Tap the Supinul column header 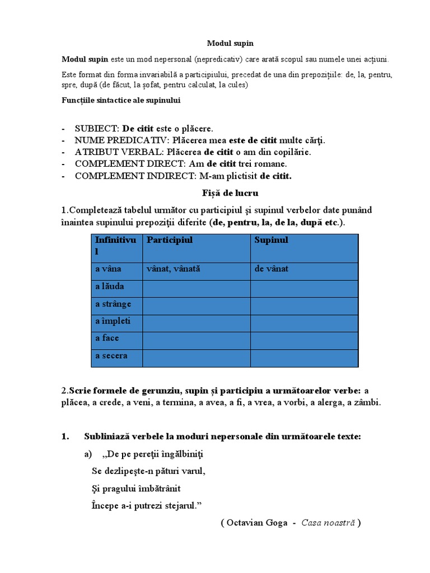pos(272,240)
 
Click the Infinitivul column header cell pos(116,246)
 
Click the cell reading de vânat pos(272,269)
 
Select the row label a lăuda pos(110,286)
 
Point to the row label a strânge pos(113,304)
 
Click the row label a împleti pos(113,321)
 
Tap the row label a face pos(107,339)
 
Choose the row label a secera pos(111,356)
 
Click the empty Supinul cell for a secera pos(304,358)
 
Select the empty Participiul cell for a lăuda pos(196,288)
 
